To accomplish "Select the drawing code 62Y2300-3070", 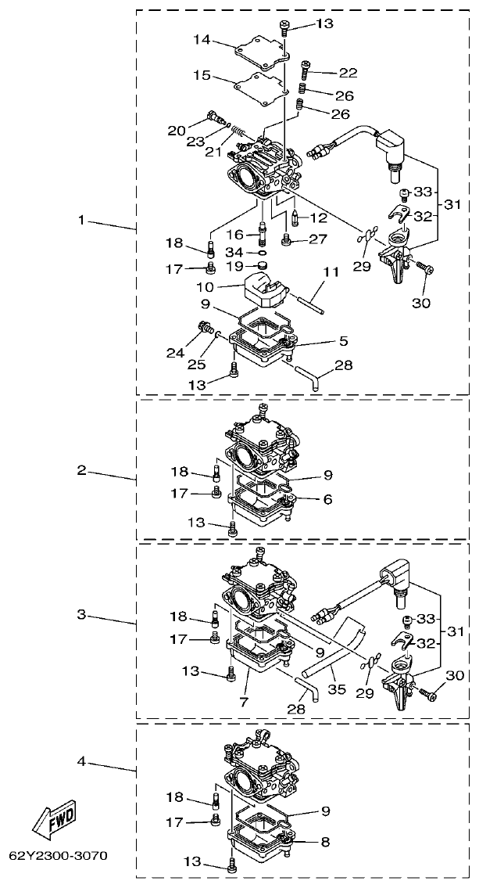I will [x=59, y=855].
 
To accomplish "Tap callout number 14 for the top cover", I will [x=202, y=38].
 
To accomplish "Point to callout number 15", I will [x=202, y=75].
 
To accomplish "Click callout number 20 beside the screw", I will [x=177, y=130].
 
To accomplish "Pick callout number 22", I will [x=348, y=73].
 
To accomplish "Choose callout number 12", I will [x=318, y=218].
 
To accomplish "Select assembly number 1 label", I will [x=80, y=220].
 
